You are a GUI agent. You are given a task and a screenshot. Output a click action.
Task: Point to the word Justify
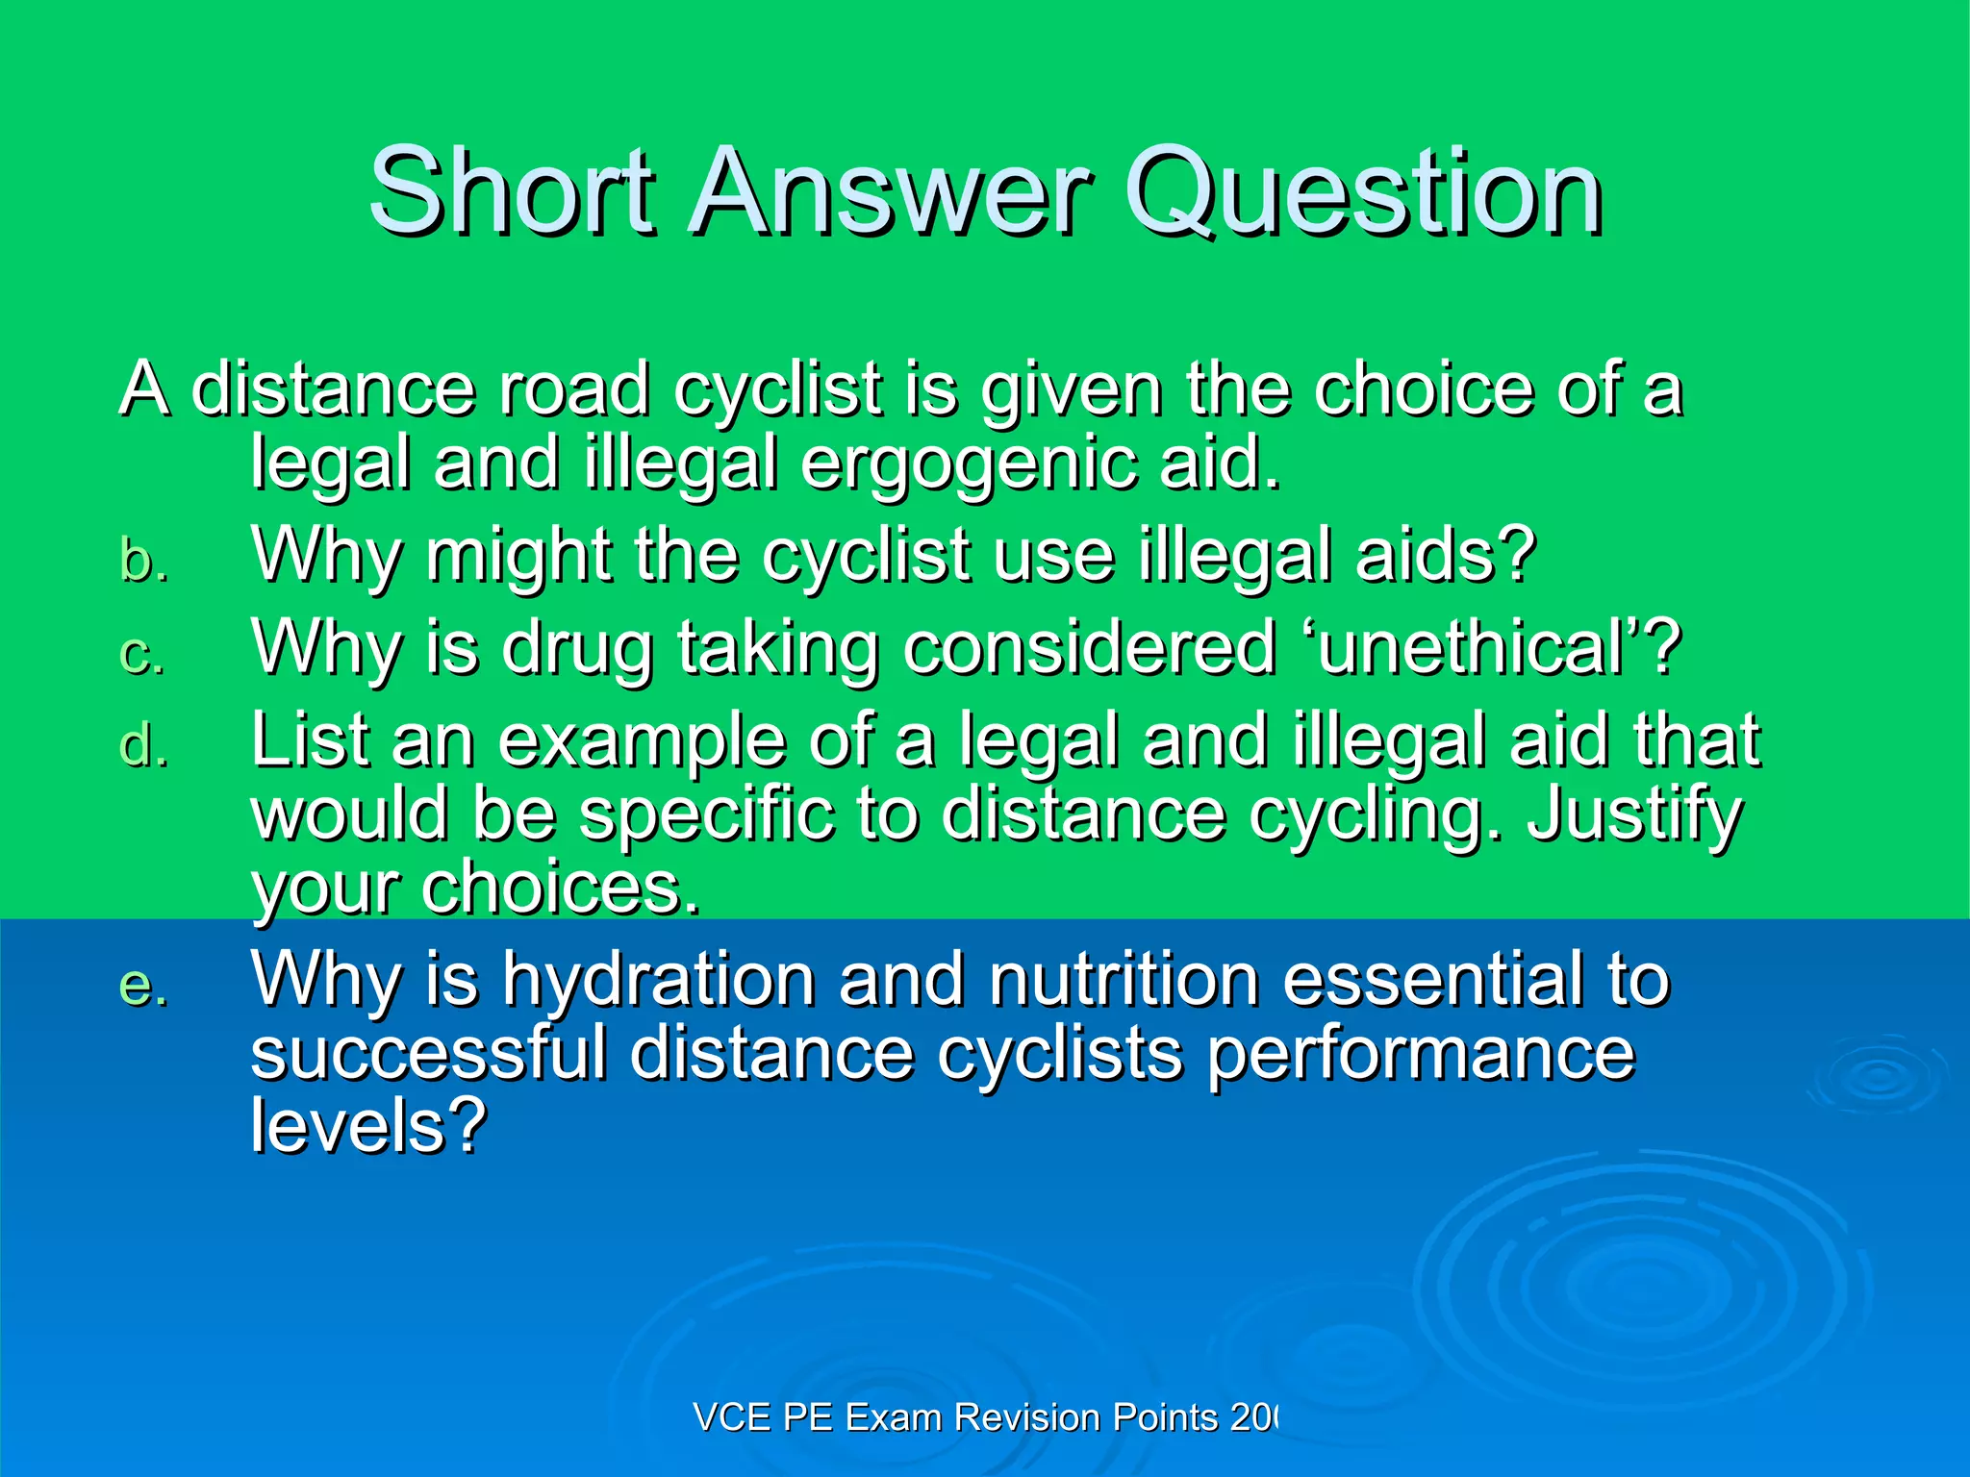coord(1634,816)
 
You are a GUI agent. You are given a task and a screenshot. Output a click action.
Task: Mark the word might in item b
coord(518,558)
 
